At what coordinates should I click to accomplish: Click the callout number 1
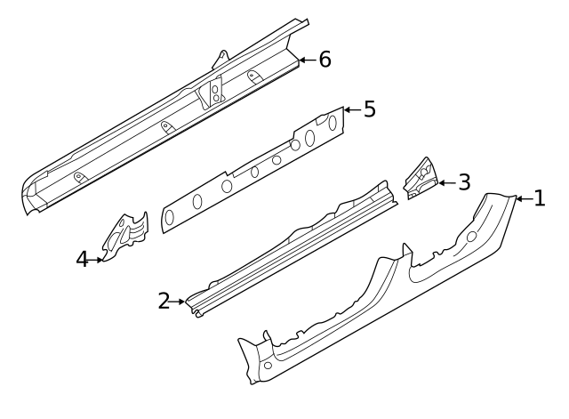tap(539, 198)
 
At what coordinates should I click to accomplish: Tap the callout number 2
tap(164, 302)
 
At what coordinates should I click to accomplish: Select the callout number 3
tap(463, 183)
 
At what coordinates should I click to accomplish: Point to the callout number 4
tap(83, 260)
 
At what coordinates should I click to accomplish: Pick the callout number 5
tap(369, 109)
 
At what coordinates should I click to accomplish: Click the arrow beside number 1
tap(524, 198)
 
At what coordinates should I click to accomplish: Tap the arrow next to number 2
tap(179, 302)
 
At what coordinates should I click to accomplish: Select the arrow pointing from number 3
tap(447, 183)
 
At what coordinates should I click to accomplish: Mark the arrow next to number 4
tap(98, 260)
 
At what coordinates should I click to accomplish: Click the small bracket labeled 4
tap(124, 236)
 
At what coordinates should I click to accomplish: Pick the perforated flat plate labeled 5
tap(258, 169)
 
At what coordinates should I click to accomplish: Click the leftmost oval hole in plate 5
tap(169, 217)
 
